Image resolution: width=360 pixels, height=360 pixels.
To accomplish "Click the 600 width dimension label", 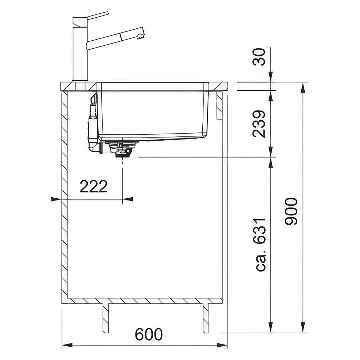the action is pyautogui.click(x=149, y=334).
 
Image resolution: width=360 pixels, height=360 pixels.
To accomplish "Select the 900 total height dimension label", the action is pyautogui.click(x=291, y=211).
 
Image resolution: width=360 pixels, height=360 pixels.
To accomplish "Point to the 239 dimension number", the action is pyautogui.click(x=259, y=124).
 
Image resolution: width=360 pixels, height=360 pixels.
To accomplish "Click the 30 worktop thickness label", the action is pyautogui.click(x=259, y=57).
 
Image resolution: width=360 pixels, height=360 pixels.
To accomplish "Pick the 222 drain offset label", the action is pyautogui.click(x=94, y=186).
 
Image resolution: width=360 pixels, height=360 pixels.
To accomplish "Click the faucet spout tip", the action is pyautogui.click(x=140, y=36).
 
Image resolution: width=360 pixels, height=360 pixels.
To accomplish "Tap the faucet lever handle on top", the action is pyautogui.click(x=91, y=18).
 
